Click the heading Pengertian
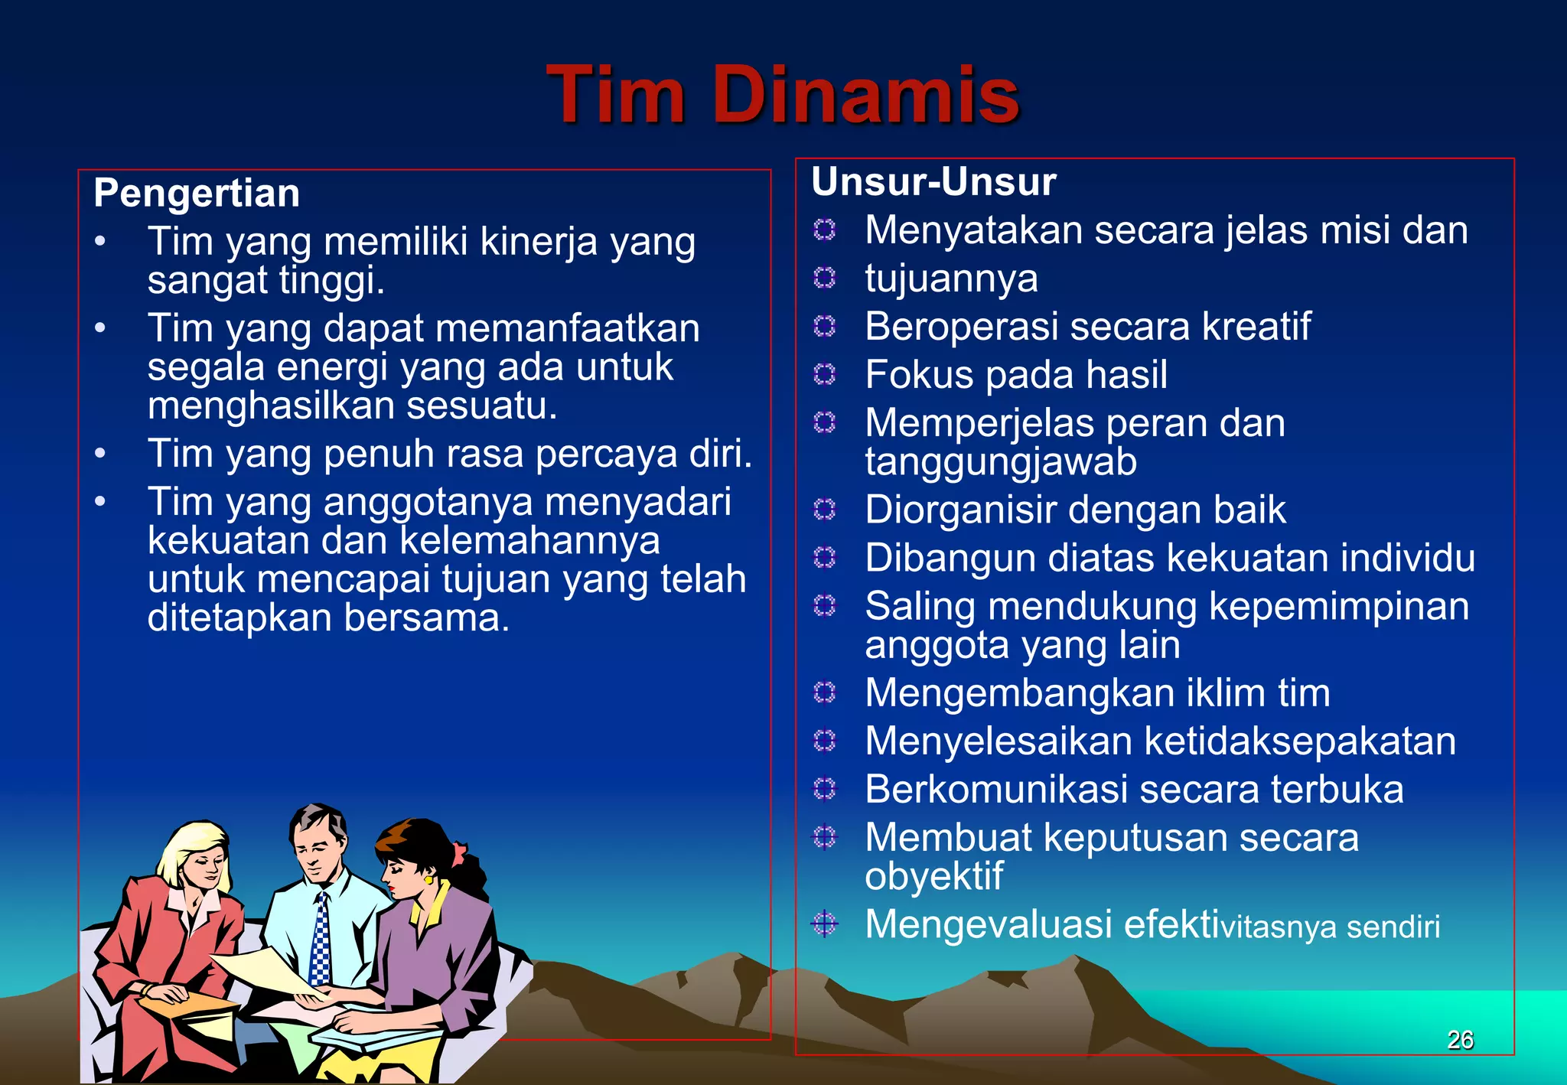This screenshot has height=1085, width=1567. (x=197, y=193)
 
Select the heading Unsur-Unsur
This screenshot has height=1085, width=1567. (x=933, y=182)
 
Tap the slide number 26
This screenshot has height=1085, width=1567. (x=1460, y=1039)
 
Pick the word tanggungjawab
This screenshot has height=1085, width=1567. (x=1001, y=462)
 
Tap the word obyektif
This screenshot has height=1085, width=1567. (x=933, y=877)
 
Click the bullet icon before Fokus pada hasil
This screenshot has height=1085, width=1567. (x=824, y=374)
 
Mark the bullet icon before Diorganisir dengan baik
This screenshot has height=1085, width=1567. (x=824, y=509)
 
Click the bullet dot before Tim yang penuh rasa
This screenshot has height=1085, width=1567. (x=100, y=454)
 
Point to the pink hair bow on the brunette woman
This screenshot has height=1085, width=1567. (x=458, y=851)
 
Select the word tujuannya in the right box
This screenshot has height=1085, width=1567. (x=951, y=279)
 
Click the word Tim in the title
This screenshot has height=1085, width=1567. (x=615, y=95)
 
